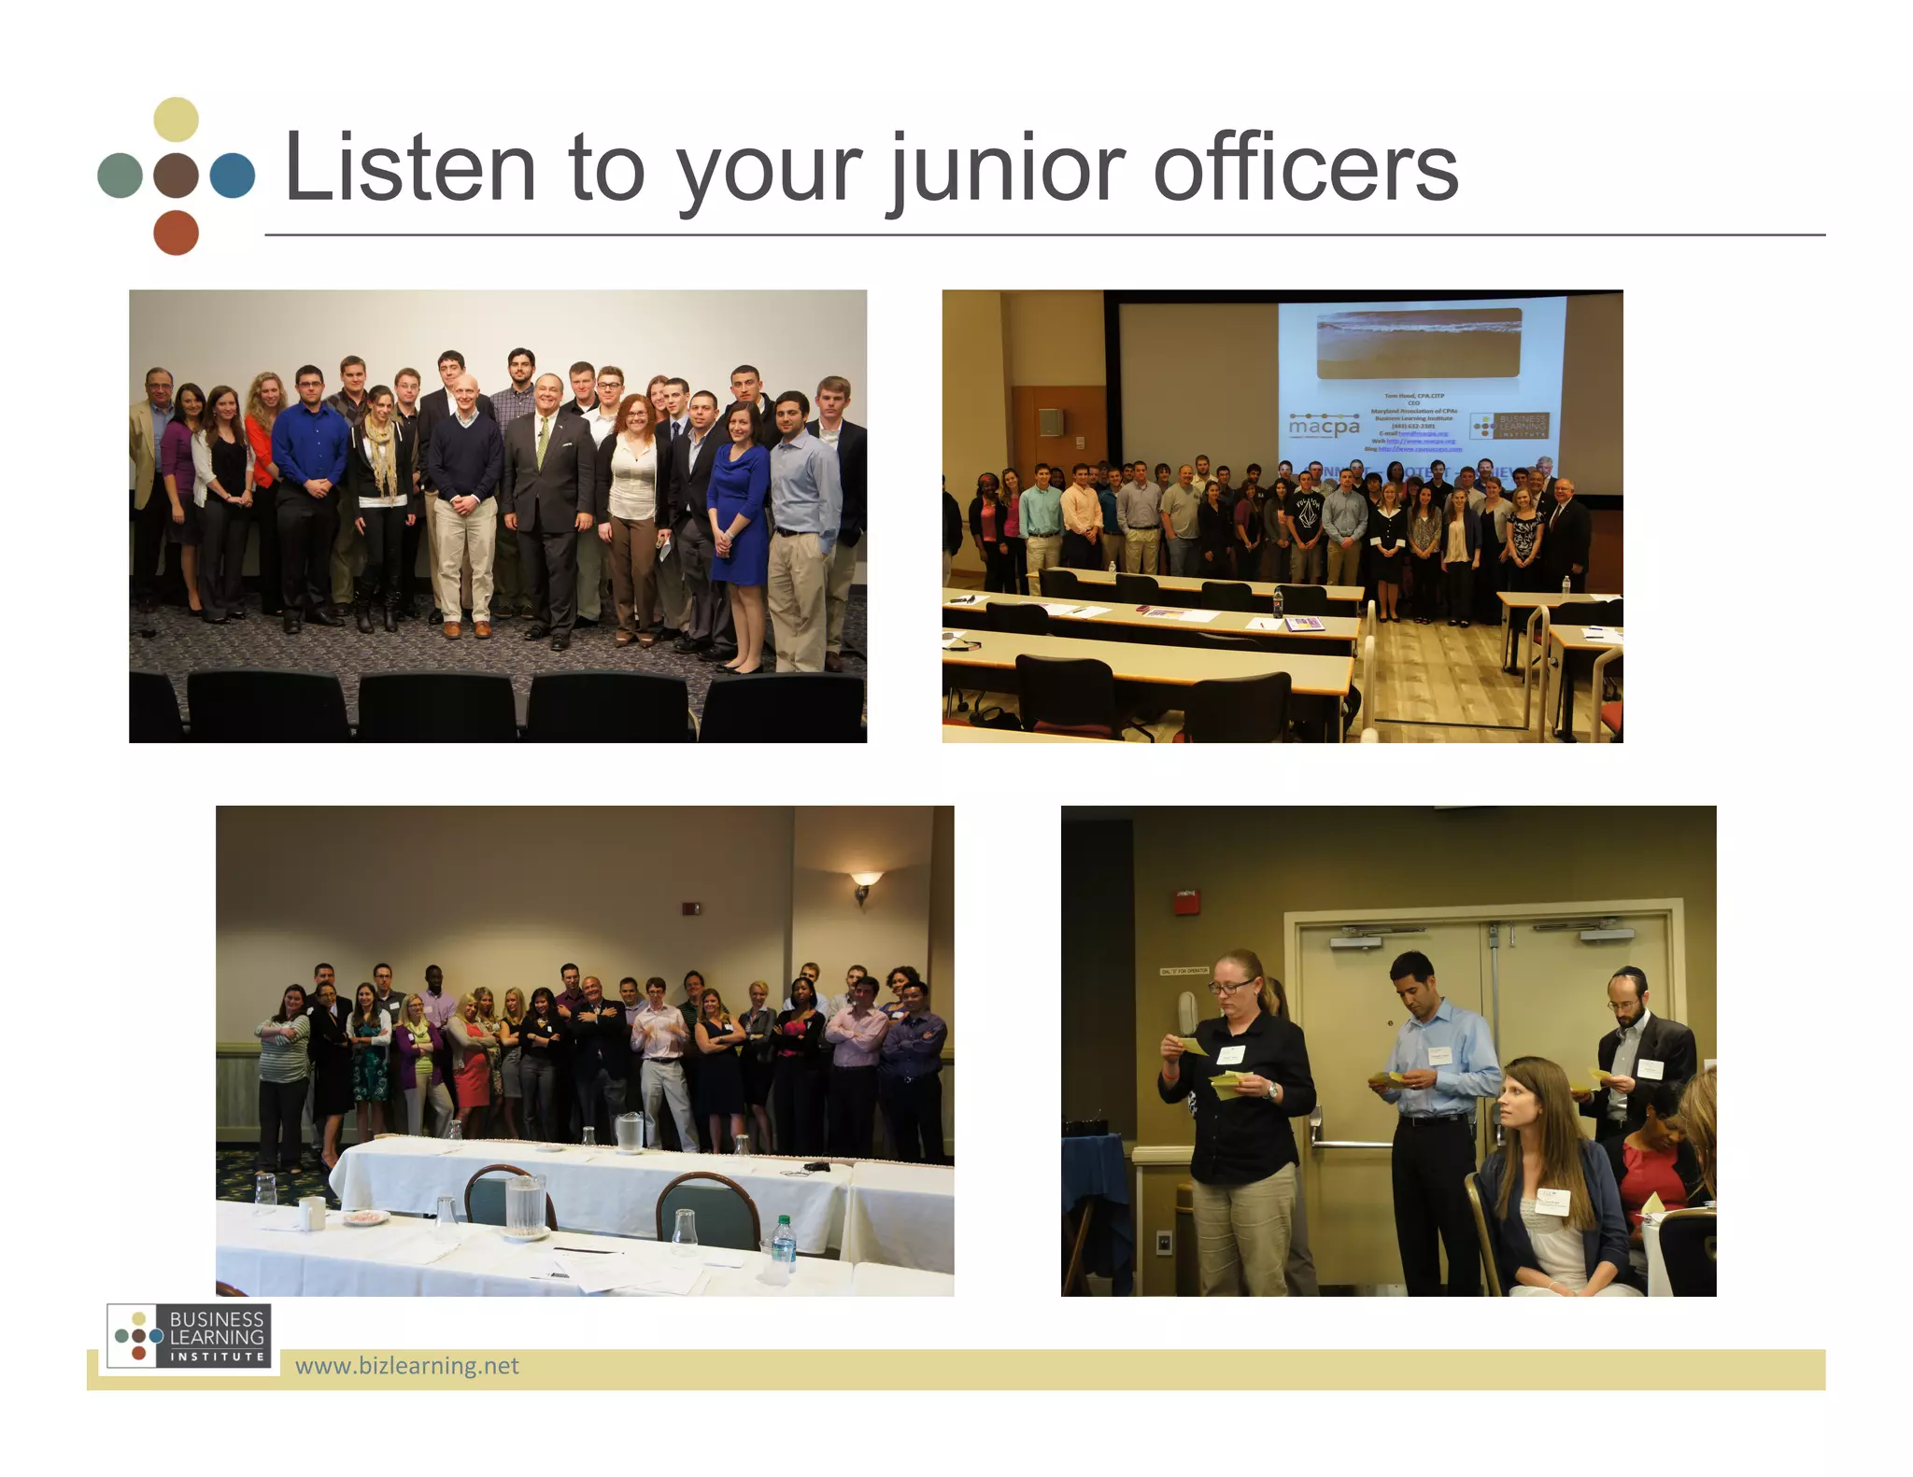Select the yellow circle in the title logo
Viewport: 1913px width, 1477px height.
[x=176, y=120]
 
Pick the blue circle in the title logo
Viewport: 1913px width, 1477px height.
[x=232, y=176]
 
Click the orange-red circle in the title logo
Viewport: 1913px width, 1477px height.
[x=176, y=232]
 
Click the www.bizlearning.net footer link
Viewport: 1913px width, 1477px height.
[x=406, y=1366]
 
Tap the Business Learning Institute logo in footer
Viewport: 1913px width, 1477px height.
[x=190, y=1336]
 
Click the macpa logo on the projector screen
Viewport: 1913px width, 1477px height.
[x=1324, y=426]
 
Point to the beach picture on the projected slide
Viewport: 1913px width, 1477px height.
[x=1418, y=344]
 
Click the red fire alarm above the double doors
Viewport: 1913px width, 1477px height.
[x=1185, y=900]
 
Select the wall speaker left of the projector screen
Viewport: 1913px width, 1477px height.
[x=1050, y=422]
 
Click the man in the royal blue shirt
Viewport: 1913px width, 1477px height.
[x=309, y=485]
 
